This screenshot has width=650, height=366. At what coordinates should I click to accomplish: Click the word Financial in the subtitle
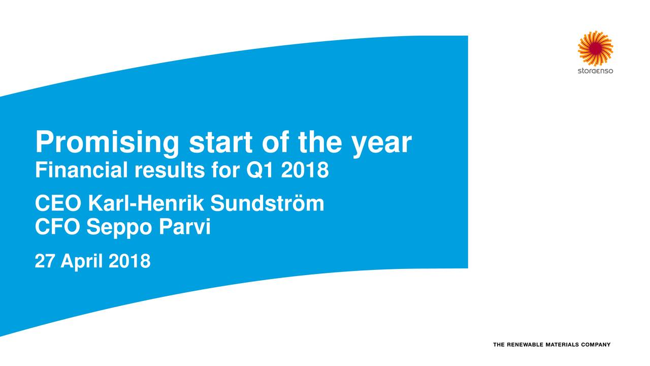(81, 170)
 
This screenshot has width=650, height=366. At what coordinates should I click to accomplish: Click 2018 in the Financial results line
(305, 170)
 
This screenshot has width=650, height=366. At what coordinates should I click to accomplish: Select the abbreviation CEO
(58, 203)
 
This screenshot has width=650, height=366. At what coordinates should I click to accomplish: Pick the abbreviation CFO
(57, 227)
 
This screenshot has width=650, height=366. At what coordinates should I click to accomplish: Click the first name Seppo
(119, 229)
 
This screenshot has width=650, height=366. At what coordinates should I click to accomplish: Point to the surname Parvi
(185, 227)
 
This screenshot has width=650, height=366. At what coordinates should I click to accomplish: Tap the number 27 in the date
(44, 261)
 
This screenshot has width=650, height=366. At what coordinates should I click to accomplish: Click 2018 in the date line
(129, 261)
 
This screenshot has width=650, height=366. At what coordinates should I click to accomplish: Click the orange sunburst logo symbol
(595, 48)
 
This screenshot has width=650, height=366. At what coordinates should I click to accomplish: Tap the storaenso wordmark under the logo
(596, 71)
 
